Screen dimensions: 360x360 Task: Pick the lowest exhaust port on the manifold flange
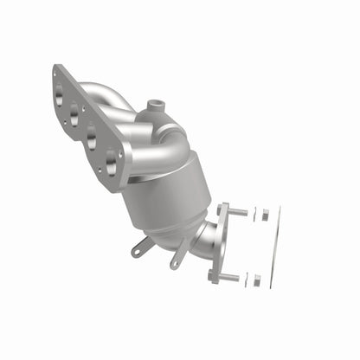coord(110,158)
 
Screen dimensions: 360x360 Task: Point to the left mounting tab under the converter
coord(140,249)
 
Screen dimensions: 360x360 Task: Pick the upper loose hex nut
coord(265,214)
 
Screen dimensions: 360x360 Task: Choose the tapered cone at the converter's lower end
coord(186,228)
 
